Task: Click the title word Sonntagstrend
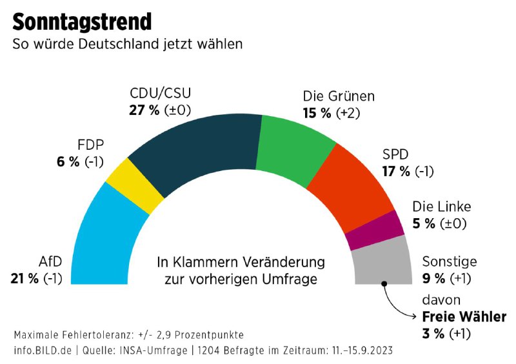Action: [x=82, y=22]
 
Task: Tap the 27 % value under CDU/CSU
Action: [x=144, y=110]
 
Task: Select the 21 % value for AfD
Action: [x=25, y=279]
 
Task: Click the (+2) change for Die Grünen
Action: [x=348, y=113]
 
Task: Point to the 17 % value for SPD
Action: [x=396, y=171]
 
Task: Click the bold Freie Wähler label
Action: [x=464, y=317]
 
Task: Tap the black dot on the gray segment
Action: [x=384, y=283]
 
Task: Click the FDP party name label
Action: [x=90, y=145]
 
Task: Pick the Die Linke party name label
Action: [x=442, y=207]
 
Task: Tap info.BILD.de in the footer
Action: [x=43, y=350]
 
